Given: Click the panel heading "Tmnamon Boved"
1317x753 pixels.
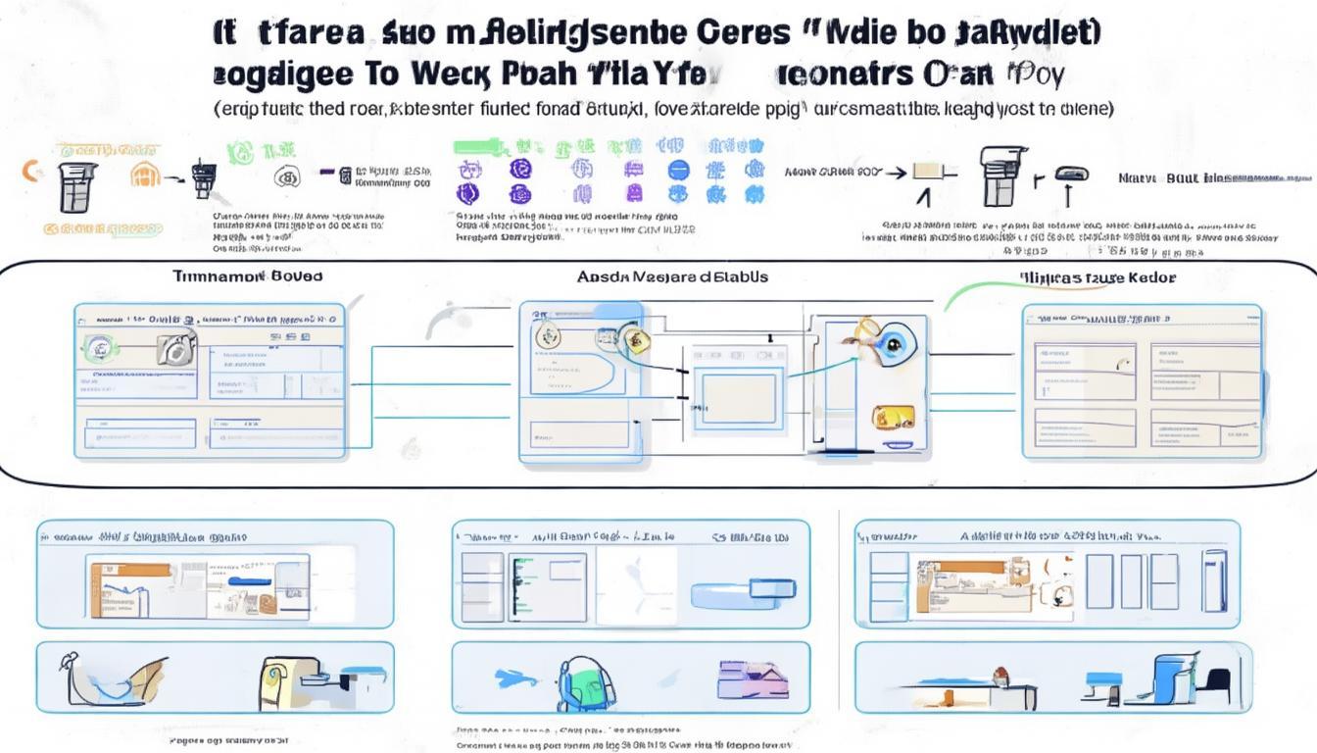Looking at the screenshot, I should [x=247, y=276].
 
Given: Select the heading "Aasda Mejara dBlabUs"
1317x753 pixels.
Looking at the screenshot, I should [x=672, y=276].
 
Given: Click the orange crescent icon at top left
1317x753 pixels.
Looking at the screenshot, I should [x=29, y=172].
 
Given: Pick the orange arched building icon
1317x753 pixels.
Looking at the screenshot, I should [x=144, y=176].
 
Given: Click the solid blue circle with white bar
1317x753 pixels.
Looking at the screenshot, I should [x=678, y=170].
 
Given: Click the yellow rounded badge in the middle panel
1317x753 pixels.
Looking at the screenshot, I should [x=893, y=417].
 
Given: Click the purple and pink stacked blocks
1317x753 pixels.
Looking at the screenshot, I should [x=747, y=678].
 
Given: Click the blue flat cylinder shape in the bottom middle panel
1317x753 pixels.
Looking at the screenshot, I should [x=734, y=591].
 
